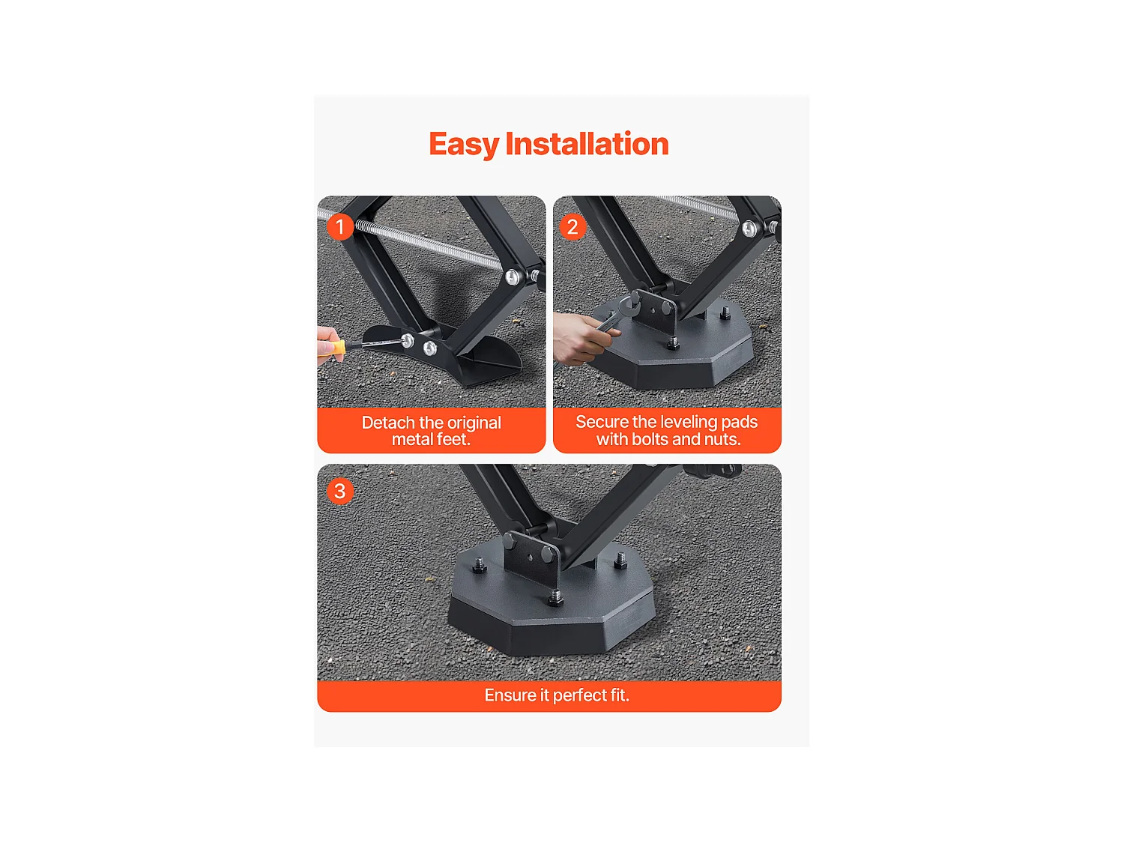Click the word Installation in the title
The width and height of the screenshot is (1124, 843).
(x=587, y=144)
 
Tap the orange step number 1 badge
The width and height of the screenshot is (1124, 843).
(x=340, y=226)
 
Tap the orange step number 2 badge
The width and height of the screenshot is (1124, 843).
(x=572, y=226)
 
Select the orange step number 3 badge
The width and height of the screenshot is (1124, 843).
(x=340, y=491)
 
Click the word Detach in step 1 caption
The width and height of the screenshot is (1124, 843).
(x=388, y=423)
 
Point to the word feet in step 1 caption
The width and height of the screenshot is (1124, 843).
(x=450, y=440)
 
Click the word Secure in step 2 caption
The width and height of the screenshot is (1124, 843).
(x=602, y=422)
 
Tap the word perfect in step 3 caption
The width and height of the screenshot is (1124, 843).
(x=578, y=695)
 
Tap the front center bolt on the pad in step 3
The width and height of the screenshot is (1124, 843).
(x=555, y=597)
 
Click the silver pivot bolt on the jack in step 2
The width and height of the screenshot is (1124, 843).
(x=749, y=229)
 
